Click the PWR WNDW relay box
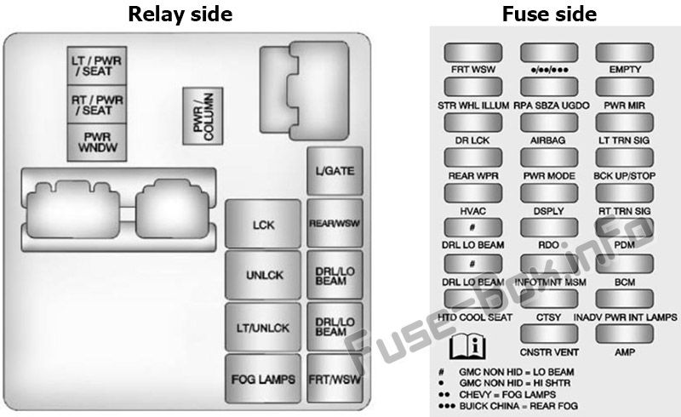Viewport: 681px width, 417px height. [97, 142]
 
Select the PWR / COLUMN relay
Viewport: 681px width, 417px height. [203, 116]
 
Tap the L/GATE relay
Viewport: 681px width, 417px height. [335, 171]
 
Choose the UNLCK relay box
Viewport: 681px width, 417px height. [263, 275]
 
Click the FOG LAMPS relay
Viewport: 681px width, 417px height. [263, 379]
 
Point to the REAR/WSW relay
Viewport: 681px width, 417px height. [335, 223]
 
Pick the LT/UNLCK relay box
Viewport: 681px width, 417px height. [263, 327]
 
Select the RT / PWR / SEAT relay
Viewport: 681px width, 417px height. [97, 104]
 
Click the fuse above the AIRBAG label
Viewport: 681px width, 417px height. [549, 123]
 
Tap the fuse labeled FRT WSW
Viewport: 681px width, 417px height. [473, 53]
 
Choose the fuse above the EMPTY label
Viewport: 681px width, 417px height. [625, 53]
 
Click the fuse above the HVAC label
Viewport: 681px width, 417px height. [473, 193]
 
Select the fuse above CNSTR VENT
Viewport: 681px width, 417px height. [549, 334]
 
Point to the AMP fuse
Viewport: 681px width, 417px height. [625, 334]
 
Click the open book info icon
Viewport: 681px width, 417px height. [467, 346]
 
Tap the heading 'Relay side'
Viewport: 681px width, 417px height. [180, 14]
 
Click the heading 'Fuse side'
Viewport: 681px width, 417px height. [549, 14]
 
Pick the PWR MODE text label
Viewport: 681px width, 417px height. [549, 176]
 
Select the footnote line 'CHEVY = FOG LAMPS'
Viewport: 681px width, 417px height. [507, 395]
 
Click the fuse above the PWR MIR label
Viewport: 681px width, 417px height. [625, 87]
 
